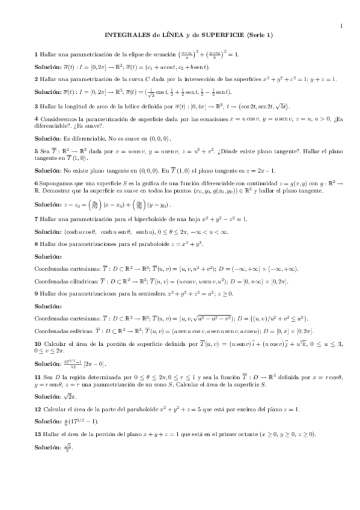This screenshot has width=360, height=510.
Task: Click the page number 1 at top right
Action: click(341, 25)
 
